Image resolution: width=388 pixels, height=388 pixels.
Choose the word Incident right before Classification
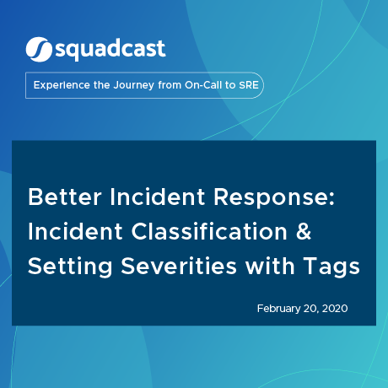[x=70, y=230]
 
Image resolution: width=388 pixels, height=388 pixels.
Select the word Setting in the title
[x=64, y=266]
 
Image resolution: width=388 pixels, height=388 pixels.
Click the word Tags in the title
[x=331, y=267]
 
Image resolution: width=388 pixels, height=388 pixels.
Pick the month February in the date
[x=281, y=309]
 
